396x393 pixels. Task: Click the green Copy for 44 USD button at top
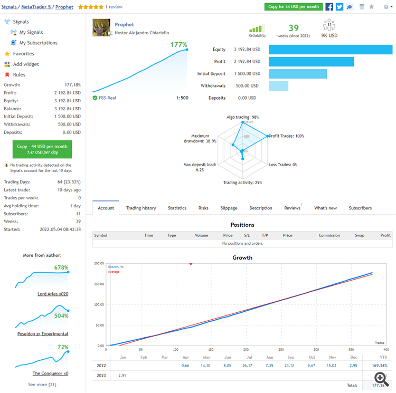coord(293,7)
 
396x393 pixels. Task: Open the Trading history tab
coord(141,208)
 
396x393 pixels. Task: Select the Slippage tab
coord(229,208)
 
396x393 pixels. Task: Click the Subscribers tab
coord(360,208)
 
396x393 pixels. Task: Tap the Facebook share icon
coord(329,7)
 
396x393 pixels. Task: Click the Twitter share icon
coord(340,7)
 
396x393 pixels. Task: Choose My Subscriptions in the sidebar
coord(39,43)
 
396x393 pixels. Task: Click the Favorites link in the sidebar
coord(24,53)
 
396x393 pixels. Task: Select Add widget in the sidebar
coord(26,64)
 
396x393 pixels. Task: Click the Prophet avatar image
coord(101,28)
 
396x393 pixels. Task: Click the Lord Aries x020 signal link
coord(53,294)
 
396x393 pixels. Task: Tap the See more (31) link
coord(43,385)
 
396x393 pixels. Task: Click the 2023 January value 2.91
coord(122,375)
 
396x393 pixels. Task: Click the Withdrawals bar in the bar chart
coord(278,85)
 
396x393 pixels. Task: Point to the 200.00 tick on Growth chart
coord(99,263)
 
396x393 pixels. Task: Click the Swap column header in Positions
coord(360,235)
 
